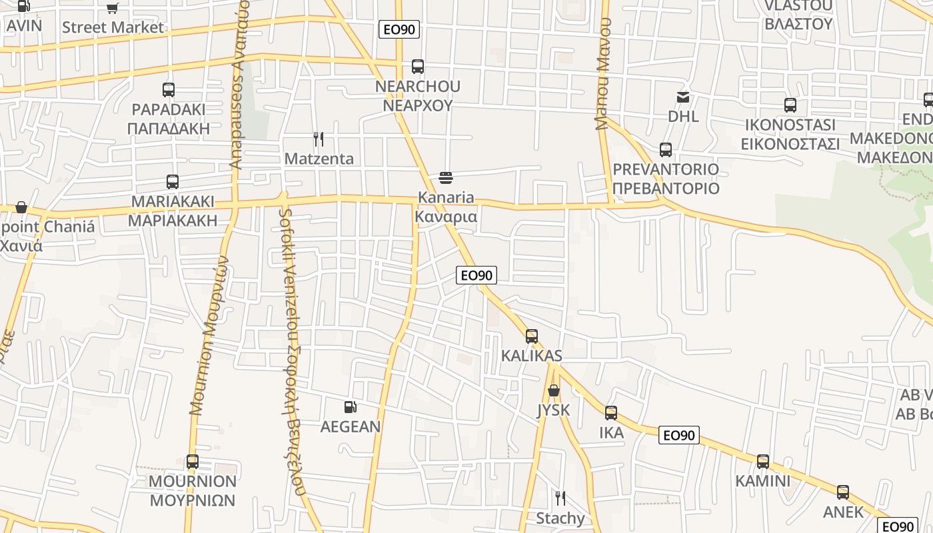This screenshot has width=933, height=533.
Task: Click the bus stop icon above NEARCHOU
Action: pos(418,67)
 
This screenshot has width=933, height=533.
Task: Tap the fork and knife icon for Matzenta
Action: pos(319,139)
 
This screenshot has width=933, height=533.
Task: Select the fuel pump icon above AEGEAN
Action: pos(350,407)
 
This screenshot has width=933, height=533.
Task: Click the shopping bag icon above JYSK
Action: pos(554,390)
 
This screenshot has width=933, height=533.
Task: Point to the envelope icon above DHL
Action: pos(683,97)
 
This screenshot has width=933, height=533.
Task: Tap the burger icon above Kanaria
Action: pos(446,178)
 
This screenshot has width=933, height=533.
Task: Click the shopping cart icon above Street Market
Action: pos(112,8)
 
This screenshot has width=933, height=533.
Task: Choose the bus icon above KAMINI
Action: pos(763,461)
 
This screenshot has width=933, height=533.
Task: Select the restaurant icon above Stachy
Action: pos(560,498)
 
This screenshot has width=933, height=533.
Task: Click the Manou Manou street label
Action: pos(603,73)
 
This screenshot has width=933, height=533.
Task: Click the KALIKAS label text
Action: pos(532,356)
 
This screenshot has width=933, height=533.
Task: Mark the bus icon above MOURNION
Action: pos(193,461)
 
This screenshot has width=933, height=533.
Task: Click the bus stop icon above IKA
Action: pos(611,413)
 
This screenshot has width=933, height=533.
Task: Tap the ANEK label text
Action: pos(843,512)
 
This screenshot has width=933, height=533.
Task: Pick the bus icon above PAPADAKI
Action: pos(169,90)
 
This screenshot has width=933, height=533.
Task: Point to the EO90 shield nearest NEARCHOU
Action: pos(399,29)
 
